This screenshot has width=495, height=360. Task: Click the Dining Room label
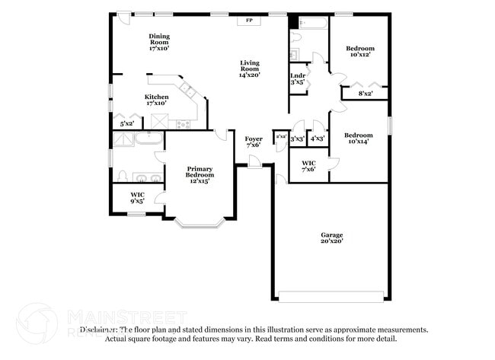158,42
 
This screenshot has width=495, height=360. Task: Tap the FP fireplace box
248,21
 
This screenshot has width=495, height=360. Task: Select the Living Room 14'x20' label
250,69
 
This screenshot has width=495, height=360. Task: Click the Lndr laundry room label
297,78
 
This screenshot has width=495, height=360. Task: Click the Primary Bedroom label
200,175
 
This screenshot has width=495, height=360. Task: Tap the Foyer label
254,143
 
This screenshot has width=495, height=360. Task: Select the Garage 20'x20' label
331,238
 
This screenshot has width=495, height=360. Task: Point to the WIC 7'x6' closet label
308,167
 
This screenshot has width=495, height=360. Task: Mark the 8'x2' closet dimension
366,94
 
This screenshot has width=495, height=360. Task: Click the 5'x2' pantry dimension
127,123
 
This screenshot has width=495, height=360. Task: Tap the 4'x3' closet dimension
317,139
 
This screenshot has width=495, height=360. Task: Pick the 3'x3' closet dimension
297,139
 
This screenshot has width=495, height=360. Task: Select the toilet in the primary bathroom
121,177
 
